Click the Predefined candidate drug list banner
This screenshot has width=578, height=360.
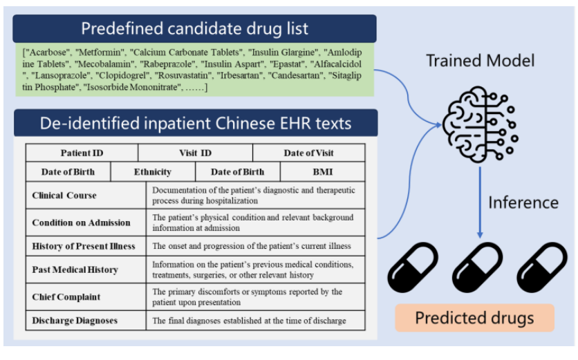[194, 29]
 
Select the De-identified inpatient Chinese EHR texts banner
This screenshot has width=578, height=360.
[196, 124]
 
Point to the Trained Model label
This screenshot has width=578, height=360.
[480, 61]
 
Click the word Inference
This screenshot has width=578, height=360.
[523, 202]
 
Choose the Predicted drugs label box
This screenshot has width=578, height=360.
[474, 318]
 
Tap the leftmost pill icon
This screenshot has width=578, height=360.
[413, 267]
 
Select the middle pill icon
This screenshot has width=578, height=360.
[476, 267]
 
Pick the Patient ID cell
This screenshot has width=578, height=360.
[82, 153]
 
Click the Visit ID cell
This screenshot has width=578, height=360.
[196, 153]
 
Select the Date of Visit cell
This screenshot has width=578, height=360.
[308, 153]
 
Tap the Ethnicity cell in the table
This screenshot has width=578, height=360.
[153, 172]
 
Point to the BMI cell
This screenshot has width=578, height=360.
[322, 172]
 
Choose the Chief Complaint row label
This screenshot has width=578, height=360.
[66, 297]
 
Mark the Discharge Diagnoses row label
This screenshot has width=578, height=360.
[75, 321]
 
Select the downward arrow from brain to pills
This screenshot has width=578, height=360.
[480, 200]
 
